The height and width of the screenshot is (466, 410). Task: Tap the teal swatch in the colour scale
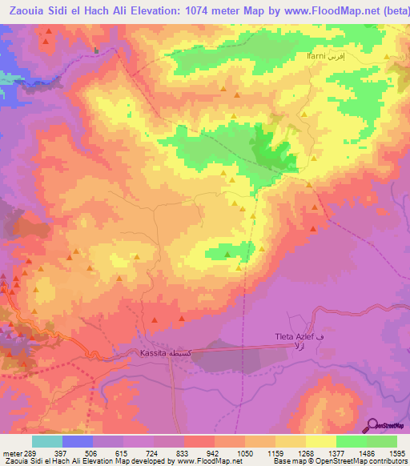[x=47, y=441]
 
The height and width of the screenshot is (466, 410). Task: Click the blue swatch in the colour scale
[x=78, y=441]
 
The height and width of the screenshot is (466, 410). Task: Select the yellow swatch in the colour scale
[x=321, y=441]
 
